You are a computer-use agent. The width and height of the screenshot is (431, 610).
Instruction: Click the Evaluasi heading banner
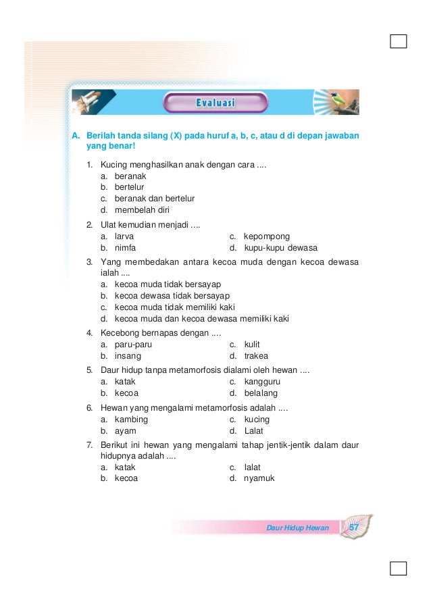[215, 103]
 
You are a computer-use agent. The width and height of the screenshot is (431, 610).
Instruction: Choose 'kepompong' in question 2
[266, 236]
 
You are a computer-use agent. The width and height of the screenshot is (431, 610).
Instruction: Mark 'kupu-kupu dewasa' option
[280, 248]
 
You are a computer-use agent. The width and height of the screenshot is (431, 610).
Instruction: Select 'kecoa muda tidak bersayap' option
[168, 284]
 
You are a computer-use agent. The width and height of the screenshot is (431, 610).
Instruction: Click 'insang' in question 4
[128, 356]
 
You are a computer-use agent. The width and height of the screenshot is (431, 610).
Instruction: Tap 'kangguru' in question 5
[263, 382]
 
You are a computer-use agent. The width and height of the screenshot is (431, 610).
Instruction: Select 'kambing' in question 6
[131, 419]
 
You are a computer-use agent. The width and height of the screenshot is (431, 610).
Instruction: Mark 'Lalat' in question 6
[253, 430]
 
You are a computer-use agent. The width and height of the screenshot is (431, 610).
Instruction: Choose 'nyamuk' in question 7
[259, 478]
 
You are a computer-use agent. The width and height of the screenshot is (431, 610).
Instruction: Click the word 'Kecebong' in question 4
[120, 333]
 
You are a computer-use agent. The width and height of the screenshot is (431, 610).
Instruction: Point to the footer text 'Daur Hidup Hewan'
[297, 528]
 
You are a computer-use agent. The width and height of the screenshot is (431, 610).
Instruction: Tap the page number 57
[354, 527]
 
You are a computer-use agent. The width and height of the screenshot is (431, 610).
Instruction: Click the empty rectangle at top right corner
[398, 42]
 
